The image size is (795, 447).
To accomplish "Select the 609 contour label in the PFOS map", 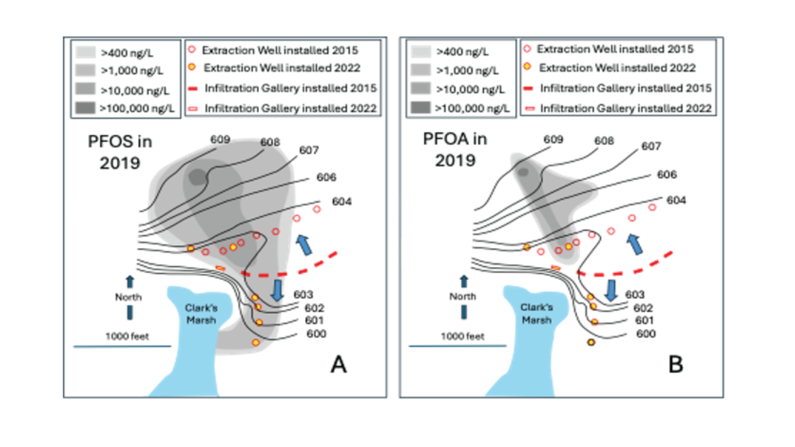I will [x=219, y=140].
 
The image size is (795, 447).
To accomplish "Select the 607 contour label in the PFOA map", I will [x=651, y=145].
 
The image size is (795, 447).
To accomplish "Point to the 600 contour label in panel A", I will [x=316, y=334].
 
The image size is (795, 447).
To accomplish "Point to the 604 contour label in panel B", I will [x=676, y=200].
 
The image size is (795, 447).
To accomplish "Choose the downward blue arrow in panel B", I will [x=612, y=289].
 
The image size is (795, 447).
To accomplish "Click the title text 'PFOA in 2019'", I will [x=454, y=151].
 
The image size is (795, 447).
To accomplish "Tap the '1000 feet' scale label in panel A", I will [x=122, y=336].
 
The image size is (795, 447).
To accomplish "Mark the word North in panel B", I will [x=464, y=297].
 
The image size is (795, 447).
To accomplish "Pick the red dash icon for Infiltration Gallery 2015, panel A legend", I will [x=192, y=89].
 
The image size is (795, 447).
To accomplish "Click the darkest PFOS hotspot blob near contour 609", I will [x=196, y=177].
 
